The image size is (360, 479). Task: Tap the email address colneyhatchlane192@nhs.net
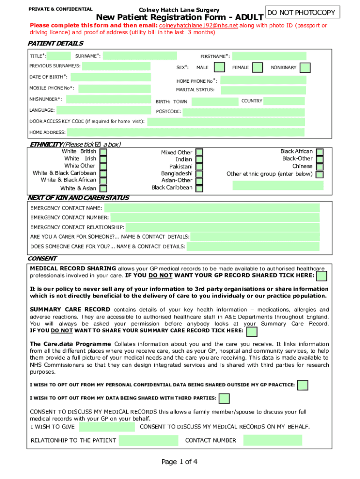click(x=199, y=25)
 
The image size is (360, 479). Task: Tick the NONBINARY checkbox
click(x=305, y=67)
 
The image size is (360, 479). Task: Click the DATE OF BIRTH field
click(x=110, y=78)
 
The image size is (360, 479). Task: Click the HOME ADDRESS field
click(x=186, y=132)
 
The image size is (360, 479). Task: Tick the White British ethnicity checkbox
click(x=103, y=152)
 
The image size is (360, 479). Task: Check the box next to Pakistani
click(x=199, y=167)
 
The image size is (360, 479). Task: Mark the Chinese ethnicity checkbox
click(x=320, y=167)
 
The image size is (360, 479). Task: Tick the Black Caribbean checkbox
click(x=199, y=188)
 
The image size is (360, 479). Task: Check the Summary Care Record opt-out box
click(x=252, y=332)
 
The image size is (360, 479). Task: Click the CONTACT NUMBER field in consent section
click(x=273, y=440)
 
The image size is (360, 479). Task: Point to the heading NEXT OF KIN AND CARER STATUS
click(x=79, y=198)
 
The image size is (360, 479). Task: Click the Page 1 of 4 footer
click(x=180, y=462)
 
